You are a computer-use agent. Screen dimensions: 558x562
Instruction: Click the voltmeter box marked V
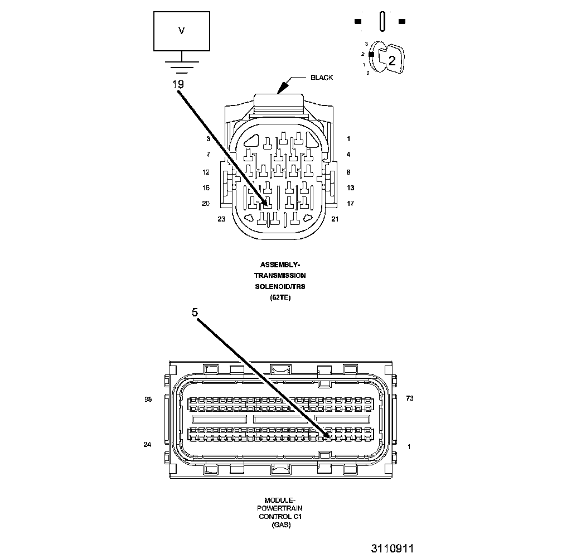(x=181, y=31)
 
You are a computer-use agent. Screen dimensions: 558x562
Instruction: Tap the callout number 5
(x=195, y=313)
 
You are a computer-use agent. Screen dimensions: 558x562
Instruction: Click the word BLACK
(x=322, y=78)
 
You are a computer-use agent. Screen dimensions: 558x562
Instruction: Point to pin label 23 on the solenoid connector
(x=221, y=219)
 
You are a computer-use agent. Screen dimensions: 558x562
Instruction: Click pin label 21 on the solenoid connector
(x=335, y=219)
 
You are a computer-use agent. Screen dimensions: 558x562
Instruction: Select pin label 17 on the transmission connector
(x=350, y=204)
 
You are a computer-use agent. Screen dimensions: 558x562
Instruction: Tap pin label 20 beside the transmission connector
(x=206, y=204)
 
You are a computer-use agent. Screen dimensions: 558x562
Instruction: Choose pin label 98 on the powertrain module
(x=148, y=399)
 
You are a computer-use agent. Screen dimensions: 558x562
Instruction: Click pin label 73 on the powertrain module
(x=409, y=398)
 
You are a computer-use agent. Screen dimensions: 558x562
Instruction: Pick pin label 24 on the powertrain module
(x=148, y=445)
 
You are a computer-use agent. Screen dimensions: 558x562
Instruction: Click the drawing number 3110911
(x=393, y=549)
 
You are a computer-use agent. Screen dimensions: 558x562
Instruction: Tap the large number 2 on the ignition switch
(x=391, y=61)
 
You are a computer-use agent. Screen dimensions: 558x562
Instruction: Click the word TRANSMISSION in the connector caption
(x=280, y=276)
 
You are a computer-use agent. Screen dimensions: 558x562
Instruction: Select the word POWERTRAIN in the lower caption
(x=280, y=508)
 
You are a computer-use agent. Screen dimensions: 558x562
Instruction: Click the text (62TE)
(x=280, y=297)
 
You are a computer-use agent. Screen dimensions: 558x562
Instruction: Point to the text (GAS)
(x=280, y=525)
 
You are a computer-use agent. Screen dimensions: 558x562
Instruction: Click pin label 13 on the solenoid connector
(x=350, y=188)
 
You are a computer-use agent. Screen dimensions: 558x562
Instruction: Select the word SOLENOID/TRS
(x=280, y=286)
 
